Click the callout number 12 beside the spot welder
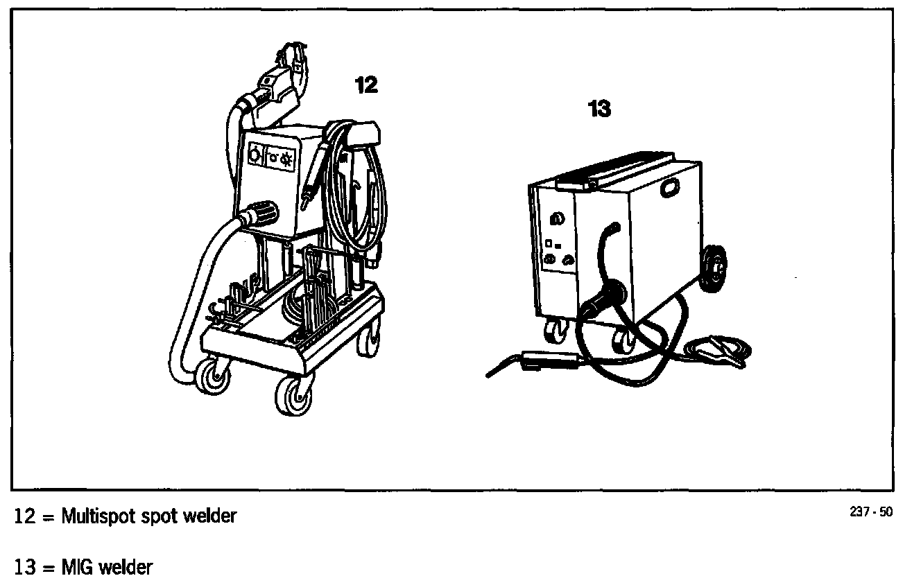(x=366, y=85)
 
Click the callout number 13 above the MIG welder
(x=599, y=109)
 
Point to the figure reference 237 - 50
(x=871, y=513)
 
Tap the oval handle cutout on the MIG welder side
(x=671, y=188)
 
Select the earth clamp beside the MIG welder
(x=718, y=349)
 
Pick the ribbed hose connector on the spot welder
(x=263, y=212)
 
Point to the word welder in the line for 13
(x=126, y=568)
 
